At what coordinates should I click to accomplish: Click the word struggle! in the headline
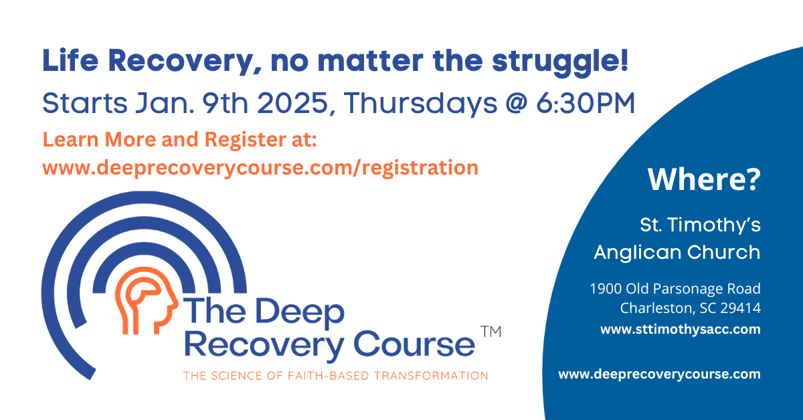(x=560, y=62)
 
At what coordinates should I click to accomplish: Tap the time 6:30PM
(x=586, y=103)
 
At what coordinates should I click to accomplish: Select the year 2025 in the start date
(x=292, y=103)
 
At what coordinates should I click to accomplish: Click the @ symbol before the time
(x=516, y=103)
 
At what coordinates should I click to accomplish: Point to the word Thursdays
(x=421, y=103)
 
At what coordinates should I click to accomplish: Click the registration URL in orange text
(x=260, y=168)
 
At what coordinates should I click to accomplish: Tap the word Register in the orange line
(x=245, y=140)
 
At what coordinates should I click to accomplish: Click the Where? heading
(x=704, y=179)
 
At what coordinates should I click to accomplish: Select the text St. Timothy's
(x=700, y=225)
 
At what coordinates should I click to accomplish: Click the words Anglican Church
(x=677, y=252)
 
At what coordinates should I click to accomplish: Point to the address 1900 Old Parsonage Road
(x=675, y=289)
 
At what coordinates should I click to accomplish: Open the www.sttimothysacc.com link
(x=681, y=329)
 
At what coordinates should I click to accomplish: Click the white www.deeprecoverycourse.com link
(x=659, y=375)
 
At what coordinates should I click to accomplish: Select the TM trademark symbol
(x=490, y=332)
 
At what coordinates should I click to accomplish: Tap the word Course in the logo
(x=414, y=344)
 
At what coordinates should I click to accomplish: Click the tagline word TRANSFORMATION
(x=431, y=376)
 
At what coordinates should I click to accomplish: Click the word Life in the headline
(x=70, y=60)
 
